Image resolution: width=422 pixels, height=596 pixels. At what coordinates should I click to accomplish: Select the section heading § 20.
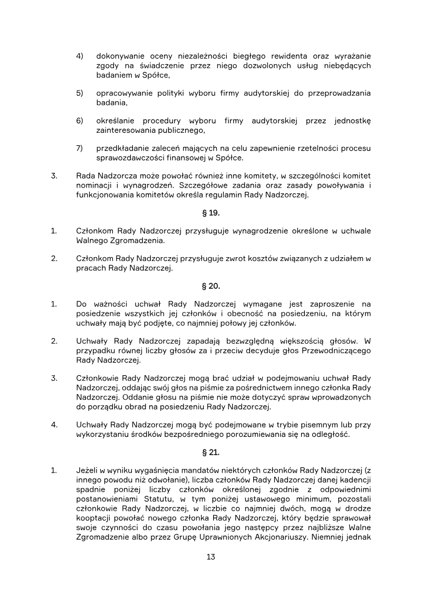[x=211, y=286]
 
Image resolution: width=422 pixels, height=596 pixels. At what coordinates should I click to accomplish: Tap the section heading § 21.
[x=211, y=452]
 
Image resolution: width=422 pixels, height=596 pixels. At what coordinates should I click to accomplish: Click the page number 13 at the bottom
[x=211, y=556]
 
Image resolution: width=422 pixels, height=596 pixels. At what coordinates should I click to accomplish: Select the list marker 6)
[x=80, y=121]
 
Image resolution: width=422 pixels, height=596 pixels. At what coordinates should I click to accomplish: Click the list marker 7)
[x=80, y=148]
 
